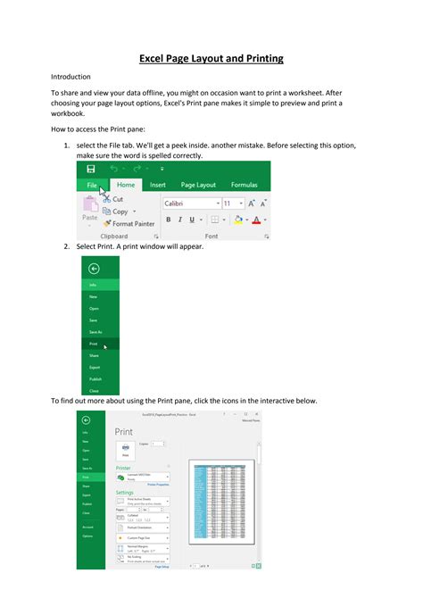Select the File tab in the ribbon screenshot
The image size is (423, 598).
[91, 185]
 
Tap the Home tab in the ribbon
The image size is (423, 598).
[126, 185]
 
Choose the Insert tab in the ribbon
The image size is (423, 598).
[157, 185]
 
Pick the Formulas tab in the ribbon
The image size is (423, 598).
[244, 185]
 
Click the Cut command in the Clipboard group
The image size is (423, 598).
[117, 199]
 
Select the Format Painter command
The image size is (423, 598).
[133, 223]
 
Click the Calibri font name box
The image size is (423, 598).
[189, 203]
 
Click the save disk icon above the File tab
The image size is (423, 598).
[91, 168]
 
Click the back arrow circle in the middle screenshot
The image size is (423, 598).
[94, 269]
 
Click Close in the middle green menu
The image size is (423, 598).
[94, 391]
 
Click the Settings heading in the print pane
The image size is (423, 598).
[126, 492]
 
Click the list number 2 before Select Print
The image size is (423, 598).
[66, 245]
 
